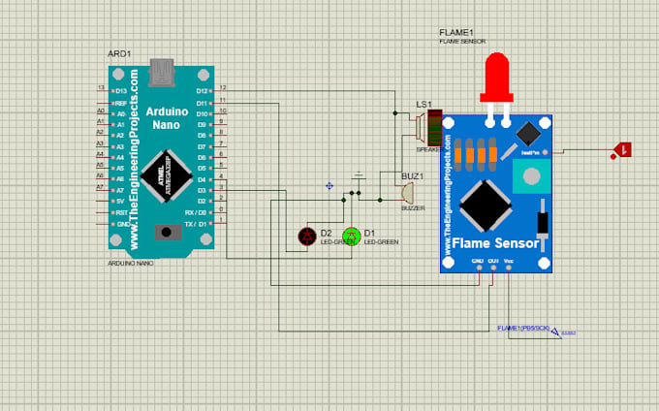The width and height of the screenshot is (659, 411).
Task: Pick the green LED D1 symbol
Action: (352, 235)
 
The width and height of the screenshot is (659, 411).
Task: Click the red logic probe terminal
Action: (622, 150)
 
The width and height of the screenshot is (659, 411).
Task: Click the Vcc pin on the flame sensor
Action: (509, 263)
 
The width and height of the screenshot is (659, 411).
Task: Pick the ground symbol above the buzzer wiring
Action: (359, 176)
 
